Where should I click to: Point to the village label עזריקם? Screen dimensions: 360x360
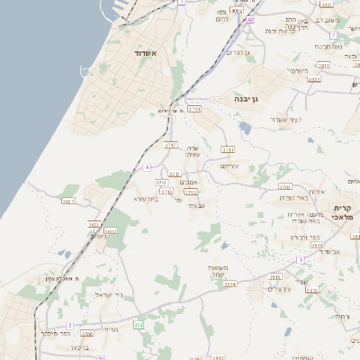point(231,166)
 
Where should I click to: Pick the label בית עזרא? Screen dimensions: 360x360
point(147,199)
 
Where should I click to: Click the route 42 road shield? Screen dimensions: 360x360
point(250,19)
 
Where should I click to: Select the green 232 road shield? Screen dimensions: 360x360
point(138,324)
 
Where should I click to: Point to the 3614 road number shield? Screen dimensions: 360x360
point(230,284)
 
